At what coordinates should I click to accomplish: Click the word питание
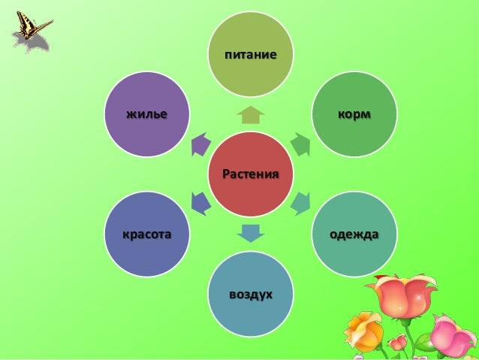coord(250,55)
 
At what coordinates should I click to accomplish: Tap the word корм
coord(354,114)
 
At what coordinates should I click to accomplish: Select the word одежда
coord(354,234)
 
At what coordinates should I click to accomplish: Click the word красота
coord(147,234)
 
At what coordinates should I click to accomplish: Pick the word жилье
coord(146,114)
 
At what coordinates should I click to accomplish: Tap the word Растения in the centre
coord(251,174)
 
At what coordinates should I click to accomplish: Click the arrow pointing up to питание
coord(250,115)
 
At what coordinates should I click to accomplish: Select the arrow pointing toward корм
coord(300,144)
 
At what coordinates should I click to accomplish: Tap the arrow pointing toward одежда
coord(300,202)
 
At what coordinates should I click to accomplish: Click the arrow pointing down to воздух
coord(250,232)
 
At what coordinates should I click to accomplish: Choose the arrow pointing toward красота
coord(200,202)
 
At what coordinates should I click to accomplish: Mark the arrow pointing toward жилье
coord(200,144)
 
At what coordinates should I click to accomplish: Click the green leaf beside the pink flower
coord(425,343)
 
